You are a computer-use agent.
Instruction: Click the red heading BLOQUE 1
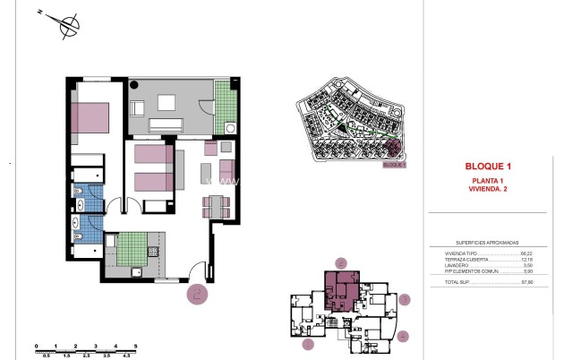pyautogui.click(x=488, y=166)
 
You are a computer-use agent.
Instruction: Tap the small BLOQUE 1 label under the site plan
pyautogui.click(x=394, y=165)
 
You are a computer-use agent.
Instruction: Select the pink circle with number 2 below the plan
pyautogui.click(x=197, y=291)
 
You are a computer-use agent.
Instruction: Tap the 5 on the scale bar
pyautogui.click(x=135, y=346)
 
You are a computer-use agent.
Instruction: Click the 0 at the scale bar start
pyautogui.click(x=36, y=346)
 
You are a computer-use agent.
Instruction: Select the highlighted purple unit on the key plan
pyautogui.click(x=341, y=290)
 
